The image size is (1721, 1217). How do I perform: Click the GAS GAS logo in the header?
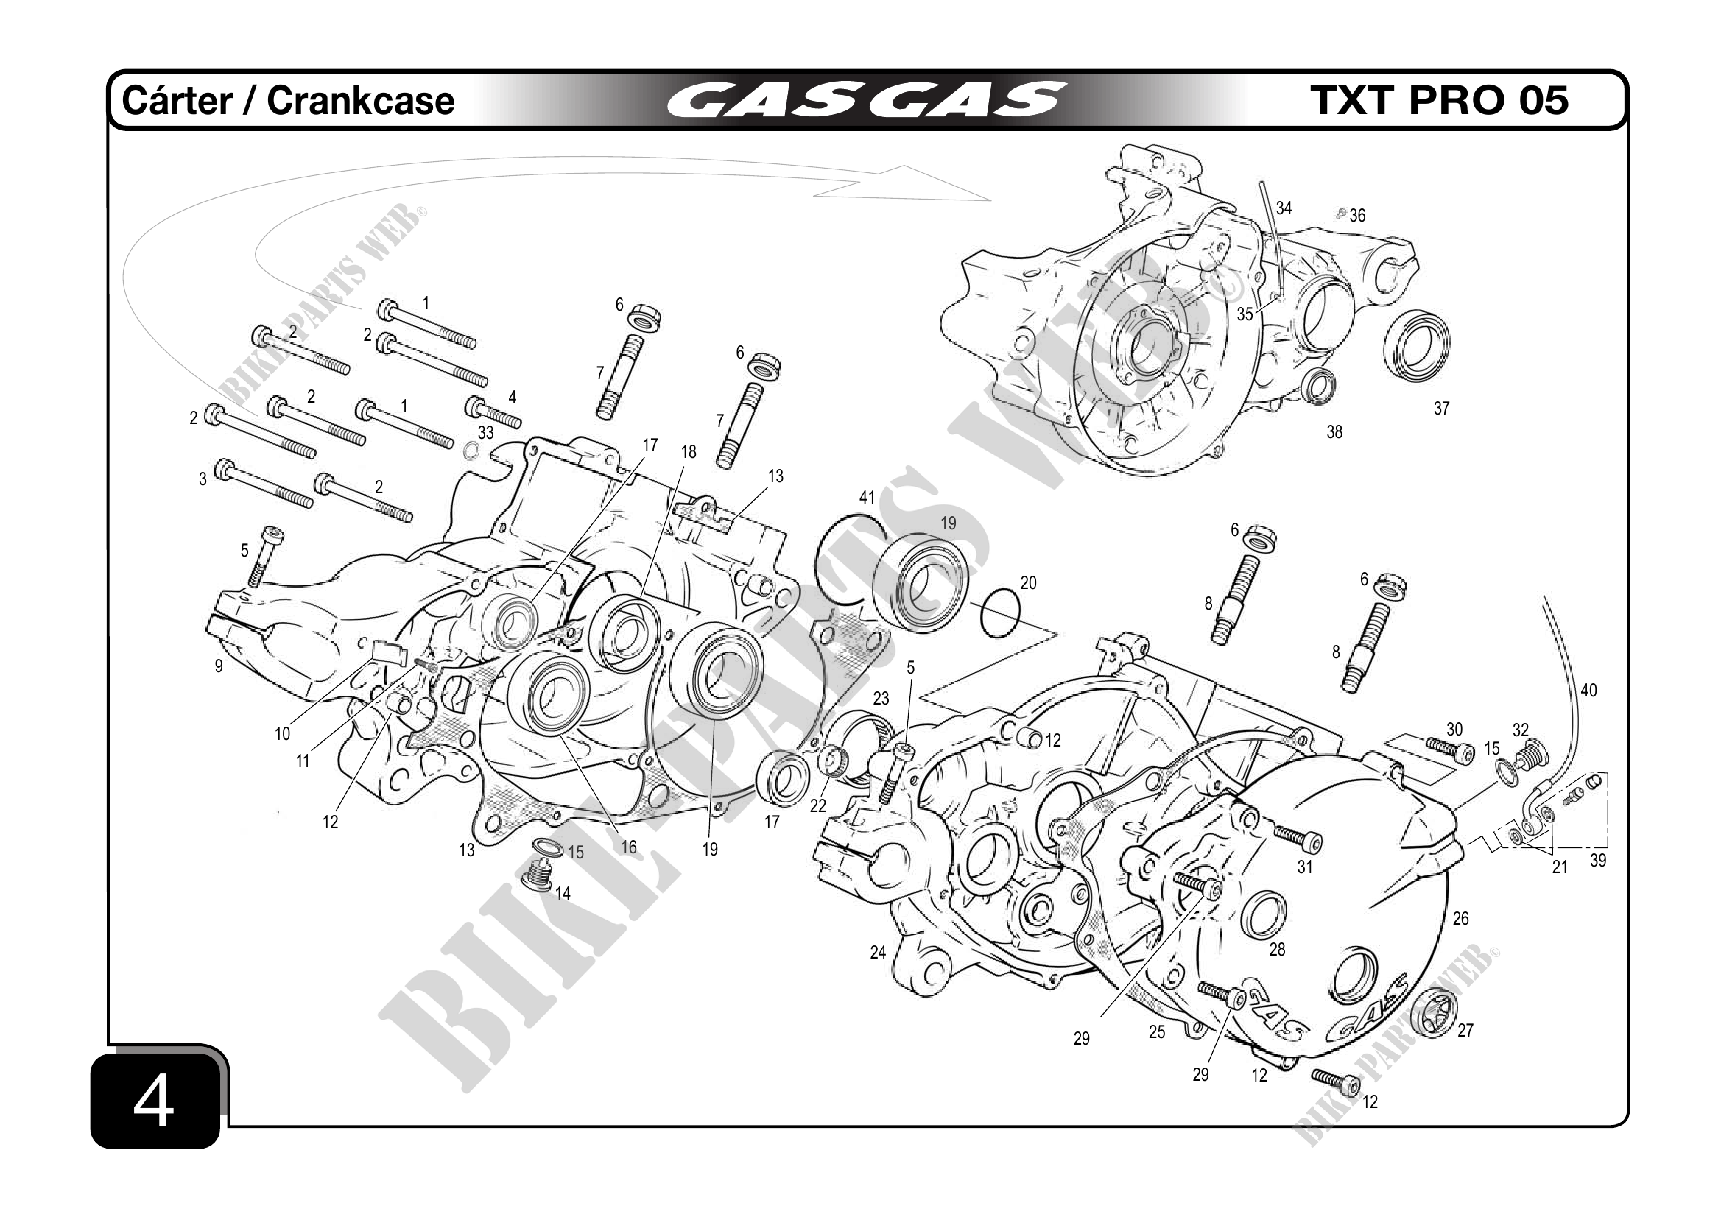click(866, 100)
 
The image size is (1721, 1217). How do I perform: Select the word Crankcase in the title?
click(361, 100)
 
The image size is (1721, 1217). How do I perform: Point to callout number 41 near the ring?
click(867, 498)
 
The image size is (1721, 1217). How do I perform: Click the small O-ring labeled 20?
click(1000, 615)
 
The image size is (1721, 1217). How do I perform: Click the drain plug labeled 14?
click(536, 876)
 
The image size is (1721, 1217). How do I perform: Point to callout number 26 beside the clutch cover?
click(1460, 918)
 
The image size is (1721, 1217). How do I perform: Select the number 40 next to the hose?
click(1588, 690)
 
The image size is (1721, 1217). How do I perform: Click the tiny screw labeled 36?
click(1342, 215)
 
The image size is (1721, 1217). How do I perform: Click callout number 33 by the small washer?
click(486, 432)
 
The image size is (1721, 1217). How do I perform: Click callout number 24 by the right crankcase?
click(878, 953)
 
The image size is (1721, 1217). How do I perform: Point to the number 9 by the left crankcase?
click(218, 666)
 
